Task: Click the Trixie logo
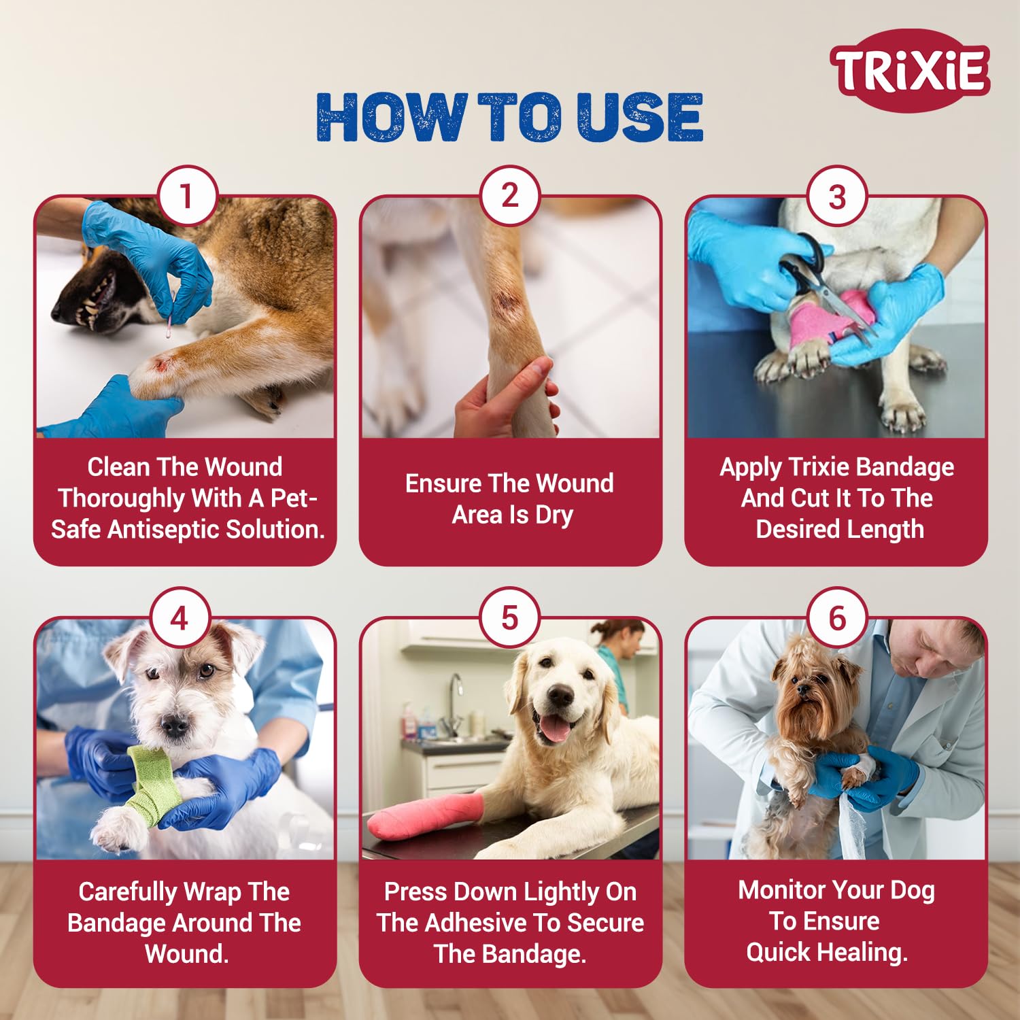[910, 70]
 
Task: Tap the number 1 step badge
[186, 197]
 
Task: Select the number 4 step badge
[180, 618]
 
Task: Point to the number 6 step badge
[837, 618]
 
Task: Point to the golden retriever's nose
[561, 695]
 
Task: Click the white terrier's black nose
[175, 726]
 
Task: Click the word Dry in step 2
[554, 515]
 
